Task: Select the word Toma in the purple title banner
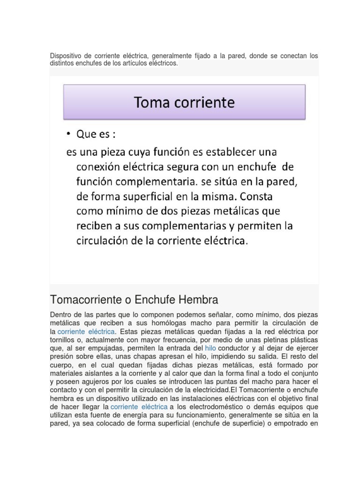151,102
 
